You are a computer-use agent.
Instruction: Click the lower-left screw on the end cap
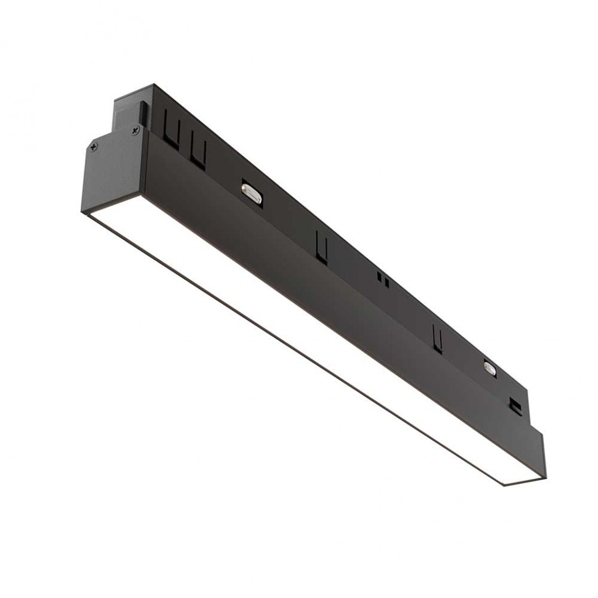[x=94, y=147]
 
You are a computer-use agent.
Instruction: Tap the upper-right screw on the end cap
[x=135, y=131]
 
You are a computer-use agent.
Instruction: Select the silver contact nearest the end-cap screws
[x=252, y=193]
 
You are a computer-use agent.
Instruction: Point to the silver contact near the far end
[x=490, y=367]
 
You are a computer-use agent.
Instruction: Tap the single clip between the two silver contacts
[x=321, y=247]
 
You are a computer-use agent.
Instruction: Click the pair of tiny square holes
[x=383, y=281]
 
